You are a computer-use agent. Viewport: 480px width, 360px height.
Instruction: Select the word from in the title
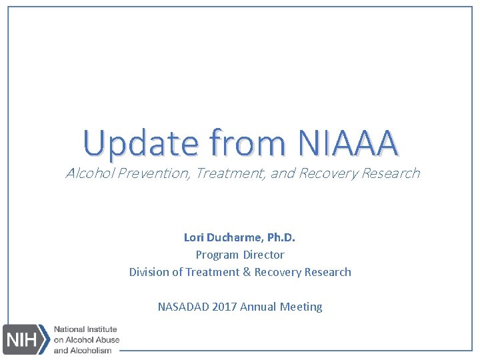click(249, 142)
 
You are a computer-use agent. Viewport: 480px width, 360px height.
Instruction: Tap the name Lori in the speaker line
click(195, 237)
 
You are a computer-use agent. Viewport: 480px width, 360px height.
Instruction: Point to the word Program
click(217, 255)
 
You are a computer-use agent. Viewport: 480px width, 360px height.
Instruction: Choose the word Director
click(263, 255)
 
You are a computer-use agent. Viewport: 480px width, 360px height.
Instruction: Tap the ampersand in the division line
click(247, 272)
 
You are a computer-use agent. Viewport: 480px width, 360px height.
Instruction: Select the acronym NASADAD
click(183, 307)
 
